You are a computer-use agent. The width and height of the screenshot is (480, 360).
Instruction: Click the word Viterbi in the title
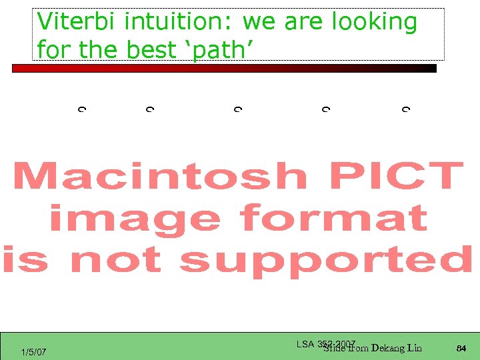pyautogui.click(x=78, y=22)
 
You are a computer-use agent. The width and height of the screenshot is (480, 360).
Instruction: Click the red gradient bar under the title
pyautogui.click(x=224, y=68)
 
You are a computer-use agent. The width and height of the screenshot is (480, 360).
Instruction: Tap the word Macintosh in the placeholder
pyautogui.click(x=159, y=177)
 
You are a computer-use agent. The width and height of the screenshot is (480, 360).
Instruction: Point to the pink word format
pyautogui.click(x=333, y=219)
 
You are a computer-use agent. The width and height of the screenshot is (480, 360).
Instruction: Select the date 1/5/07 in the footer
pyautogui.click(x=33, y=351)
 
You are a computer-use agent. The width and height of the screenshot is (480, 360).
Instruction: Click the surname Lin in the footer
pyautogui.click(x=414, y=347)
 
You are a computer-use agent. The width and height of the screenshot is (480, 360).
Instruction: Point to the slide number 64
pyautogui.click(x=461, y=348)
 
